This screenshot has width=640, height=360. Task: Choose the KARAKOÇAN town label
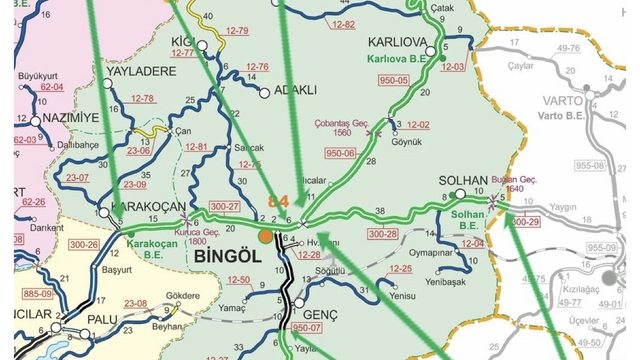pos(145,206)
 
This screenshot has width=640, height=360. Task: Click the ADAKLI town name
pos(295,90)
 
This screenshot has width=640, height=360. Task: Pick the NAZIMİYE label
pos(67,118)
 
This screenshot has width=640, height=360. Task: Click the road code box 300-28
pos(382,234)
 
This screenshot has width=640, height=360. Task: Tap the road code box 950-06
pos(341,153)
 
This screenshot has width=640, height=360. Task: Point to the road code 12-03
pos(453,66)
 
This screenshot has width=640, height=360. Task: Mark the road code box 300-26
pos(82,244)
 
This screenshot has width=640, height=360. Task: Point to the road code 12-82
pos(342,23)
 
